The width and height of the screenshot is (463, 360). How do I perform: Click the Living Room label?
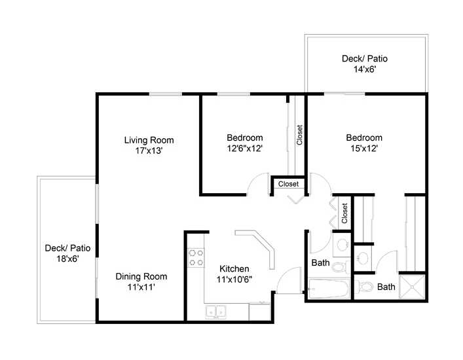click(x=149, y=140)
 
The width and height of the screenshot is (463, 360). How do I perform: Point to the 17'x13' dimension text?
click(x=149, y=151)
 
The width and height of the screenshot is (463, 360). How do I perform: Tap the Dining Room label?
click(x=141, y=276)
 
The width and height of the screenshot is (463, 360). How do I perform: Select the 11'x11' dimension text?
click(x=141, y=287)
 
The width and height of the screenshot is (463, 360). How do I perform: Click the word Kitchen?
click(x=234, y=268)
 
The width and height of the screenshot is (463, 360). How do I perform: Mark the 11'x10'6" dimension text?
click(x=234, y=279)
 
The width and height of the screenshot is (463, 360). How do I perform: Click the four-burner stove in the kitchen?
click(x=196, y=258)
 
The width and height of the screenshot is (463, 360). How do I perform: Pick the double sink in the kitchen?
click(x=216, y=312)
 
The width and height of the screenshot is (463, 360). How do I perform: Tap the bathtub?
click(x=329, y=288)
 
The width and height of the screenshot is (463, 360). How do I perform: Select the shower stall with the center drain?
click(x=412, y=287)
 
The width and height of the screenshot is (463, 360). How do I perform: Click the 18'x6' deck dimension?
click(x=67, y=259)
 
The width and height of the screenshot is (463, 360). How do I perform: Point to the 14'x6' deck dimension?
click(x=365, y=69)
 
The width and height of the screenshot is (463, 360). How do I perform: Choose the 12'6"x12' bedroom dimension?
click(x=245, y=148)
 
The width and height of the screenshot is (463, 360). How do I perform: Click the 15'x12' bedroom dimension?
click(x=364, y=148)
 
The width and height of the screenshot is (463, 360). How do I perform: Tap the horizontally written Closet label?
click(x=288, y=184)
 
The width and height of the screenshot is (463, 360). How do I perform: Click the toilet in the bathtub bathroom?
click(x=341, y=267)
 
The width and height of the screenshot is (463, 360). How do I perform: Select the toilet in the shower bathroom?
click(x=363, y=286)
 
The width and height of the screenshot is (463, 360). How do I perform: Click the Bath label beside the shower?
click(x=386, y=287)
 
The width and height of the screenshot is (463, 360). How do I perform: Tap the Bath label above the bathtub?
click(x=320, y=262)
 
